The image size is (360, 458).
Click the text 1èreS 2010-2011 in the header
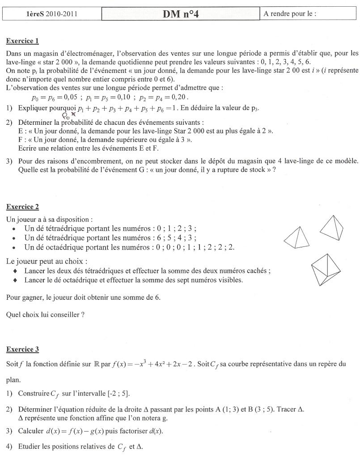(52, 14)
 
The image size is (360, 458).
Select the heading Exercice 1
(22, 41)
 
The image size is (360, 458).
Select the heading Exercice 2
(22, 207)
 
